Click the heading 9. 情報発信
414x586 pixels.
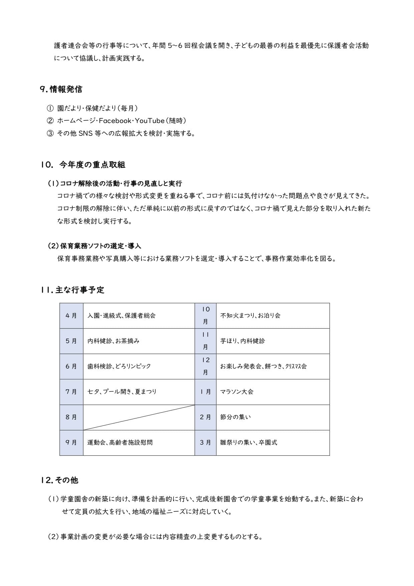(x=61, y=89)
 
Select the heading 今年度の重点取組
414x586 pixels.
(x=92, y=165)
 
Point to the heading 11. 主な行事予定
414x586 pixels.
(x=72, y=290)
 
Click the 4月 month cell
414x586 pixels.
(x=71, y=316)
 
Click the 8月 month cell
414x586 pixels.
(x=71, y=417)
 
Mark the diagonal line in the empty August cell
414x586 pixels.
(x=139, y=417)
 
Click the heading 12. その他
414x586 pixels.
(x=59, y=480)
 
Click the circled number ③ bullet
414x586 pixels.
(x=50, y=134)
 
